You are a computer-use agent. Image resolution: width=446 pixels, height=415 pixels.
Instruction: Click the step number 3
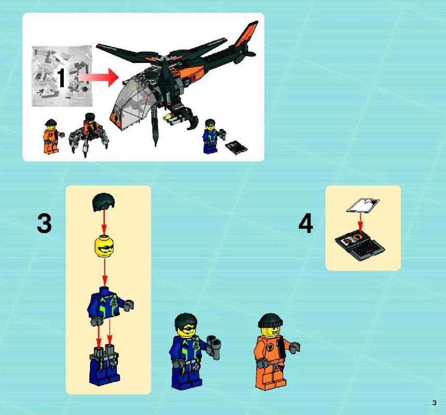[44, 224]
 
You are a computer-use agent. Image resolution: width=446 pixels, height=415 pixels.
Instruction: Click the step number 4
[306, 224]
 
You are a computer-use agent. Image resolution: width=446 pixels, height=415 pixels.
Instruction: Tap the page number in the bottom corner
[434, 403]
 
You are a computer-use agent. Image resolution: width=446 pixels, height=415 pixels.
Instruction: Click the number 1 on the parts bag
[61, 78]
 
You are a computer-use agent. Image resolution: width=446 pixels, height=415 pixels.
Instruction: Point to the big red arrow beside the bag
[98, 77]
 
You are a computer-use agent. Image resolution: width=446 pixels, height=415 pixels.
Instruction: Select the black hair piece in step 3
[103, 202]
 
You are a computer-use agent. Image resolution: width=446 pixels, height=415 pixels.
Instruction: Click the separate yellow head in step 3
[104, 247]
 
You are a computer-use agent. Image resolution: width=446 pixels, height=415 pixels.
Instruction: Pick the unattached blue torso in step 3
[110, 306]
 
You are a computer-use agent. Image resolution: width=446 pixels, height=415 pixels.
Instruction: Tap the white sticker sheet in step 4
[363, 205]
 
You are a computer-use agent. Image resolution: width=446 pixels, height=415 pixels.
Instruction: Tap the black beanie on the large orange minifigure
[271, 321]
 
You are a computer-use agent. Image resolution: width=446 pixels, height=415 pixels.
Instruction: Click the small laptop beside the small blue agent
[236, 147]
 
